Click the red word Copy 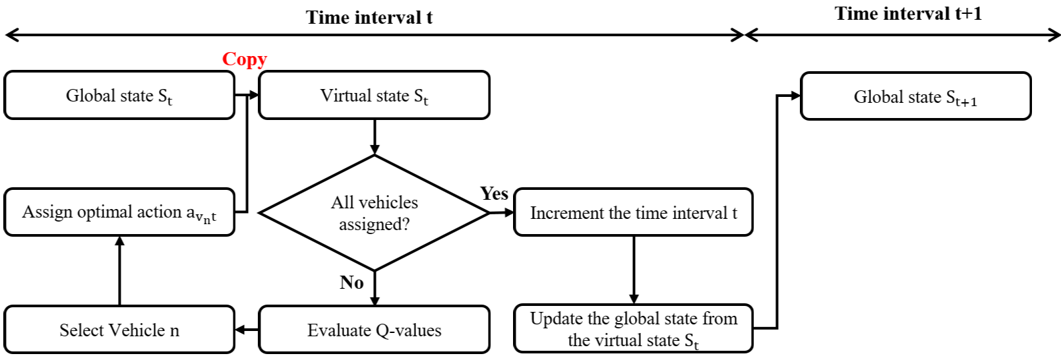click(x=244, y=59)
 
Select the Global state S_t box click(x=119, y=96)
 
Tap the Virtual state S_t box click(x=374, y=96)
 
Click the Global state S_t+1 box click(x=915, y=97)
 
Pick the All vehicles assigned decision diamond click(x=374, y=212)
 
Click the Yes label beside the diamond click(x=494, y=194)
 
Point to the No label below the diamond click(x=351, y=283)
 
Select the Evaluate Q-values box click(x=374, y=330)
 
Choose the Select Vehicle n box click(x=119, y=330)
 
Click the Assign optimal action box click(x=119, y=212)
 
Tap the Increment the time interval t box click(x=633, y=212)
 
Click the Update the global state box click(x=633, y=328)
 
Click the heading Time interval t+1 click(x=908, y=14)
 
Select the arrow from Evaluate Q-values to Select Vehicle click(x=247, y=330)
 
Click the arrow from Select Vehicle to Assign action click(x=119, y=270)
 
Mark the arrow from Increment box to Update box click(x=634, y=270)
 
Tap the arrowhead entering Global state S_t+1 click(x=795, y=96)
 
